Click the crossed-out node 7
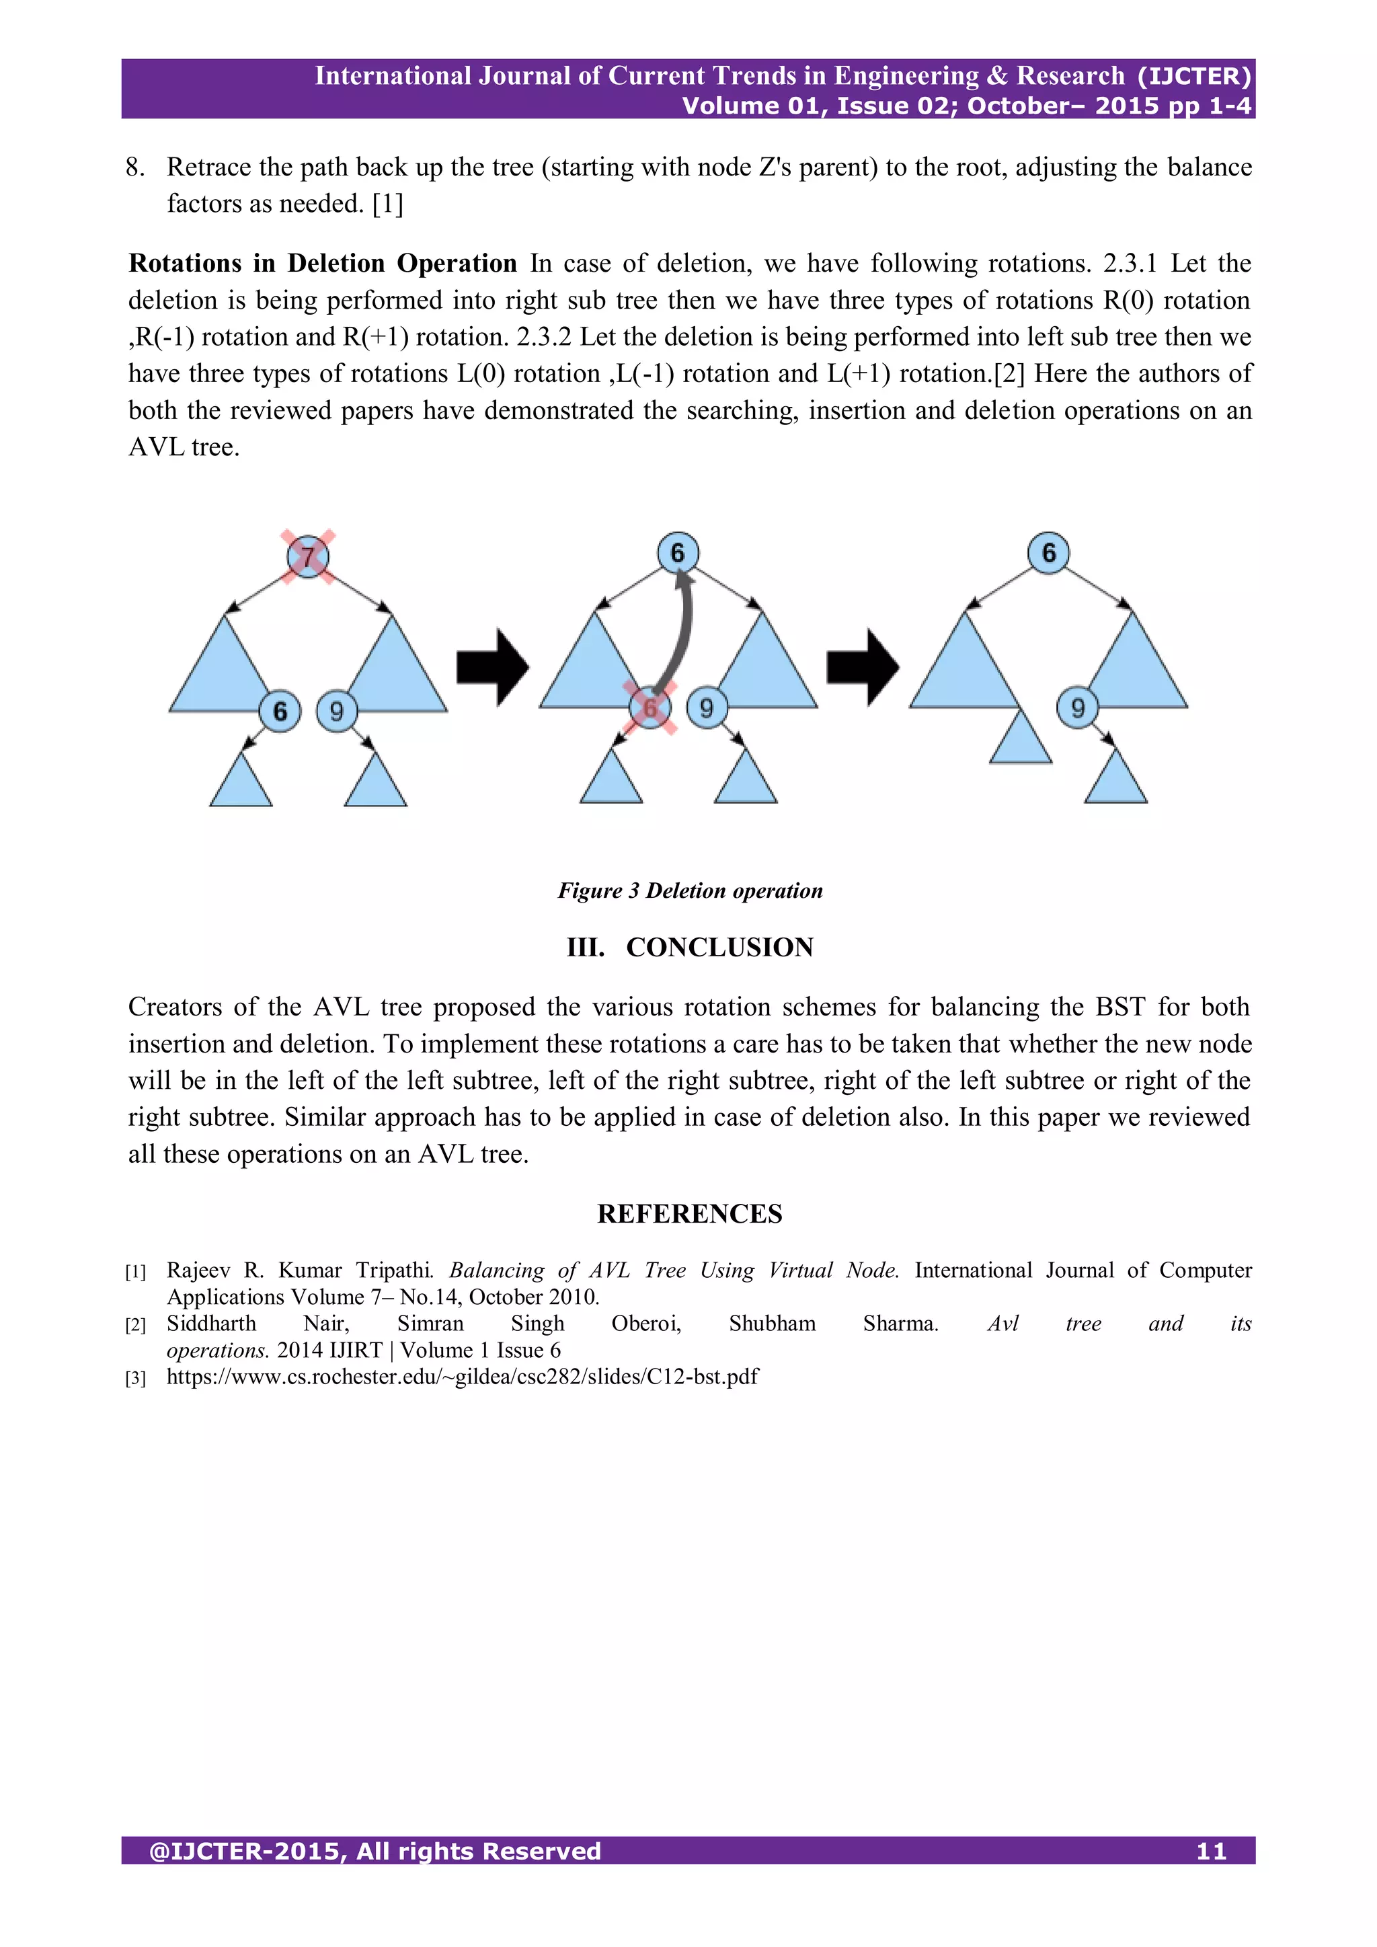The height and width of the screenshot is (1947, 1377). tap(308, 557)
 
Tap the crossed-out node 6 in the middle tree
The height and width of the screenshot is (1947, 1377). tap(650, 708)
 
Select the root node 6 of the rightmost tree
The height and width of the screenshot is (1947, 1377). tap(1049, 553)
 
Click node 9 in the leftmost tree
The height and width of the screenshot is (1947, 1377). tap(337, 711)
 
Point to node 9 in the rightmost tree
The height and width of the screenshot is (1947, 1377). tap(1078, 708)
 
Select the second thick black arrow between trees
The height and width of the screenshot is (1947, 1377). tap(863, 667)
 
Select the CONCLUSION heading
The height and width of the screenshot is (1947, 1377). tap(719, 947)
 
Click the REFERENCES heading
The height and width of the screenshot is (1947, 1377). tap(689, 1213)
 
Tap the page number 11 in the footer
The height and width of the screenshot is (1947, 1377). tap(1212, 1851)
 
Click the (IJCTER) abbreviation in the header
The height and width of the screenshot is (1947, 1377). tap(1194, 76)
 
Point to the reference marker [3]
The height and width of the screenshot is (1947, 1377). tap(136, 1378)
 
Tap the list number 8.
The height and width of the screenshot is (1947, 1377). tap(135, 167)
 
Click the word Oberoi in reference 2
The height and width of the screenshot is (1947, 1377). tap(646, 1324)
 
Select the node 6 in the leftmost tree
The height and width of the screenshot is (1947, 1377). tap(280, 711)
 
